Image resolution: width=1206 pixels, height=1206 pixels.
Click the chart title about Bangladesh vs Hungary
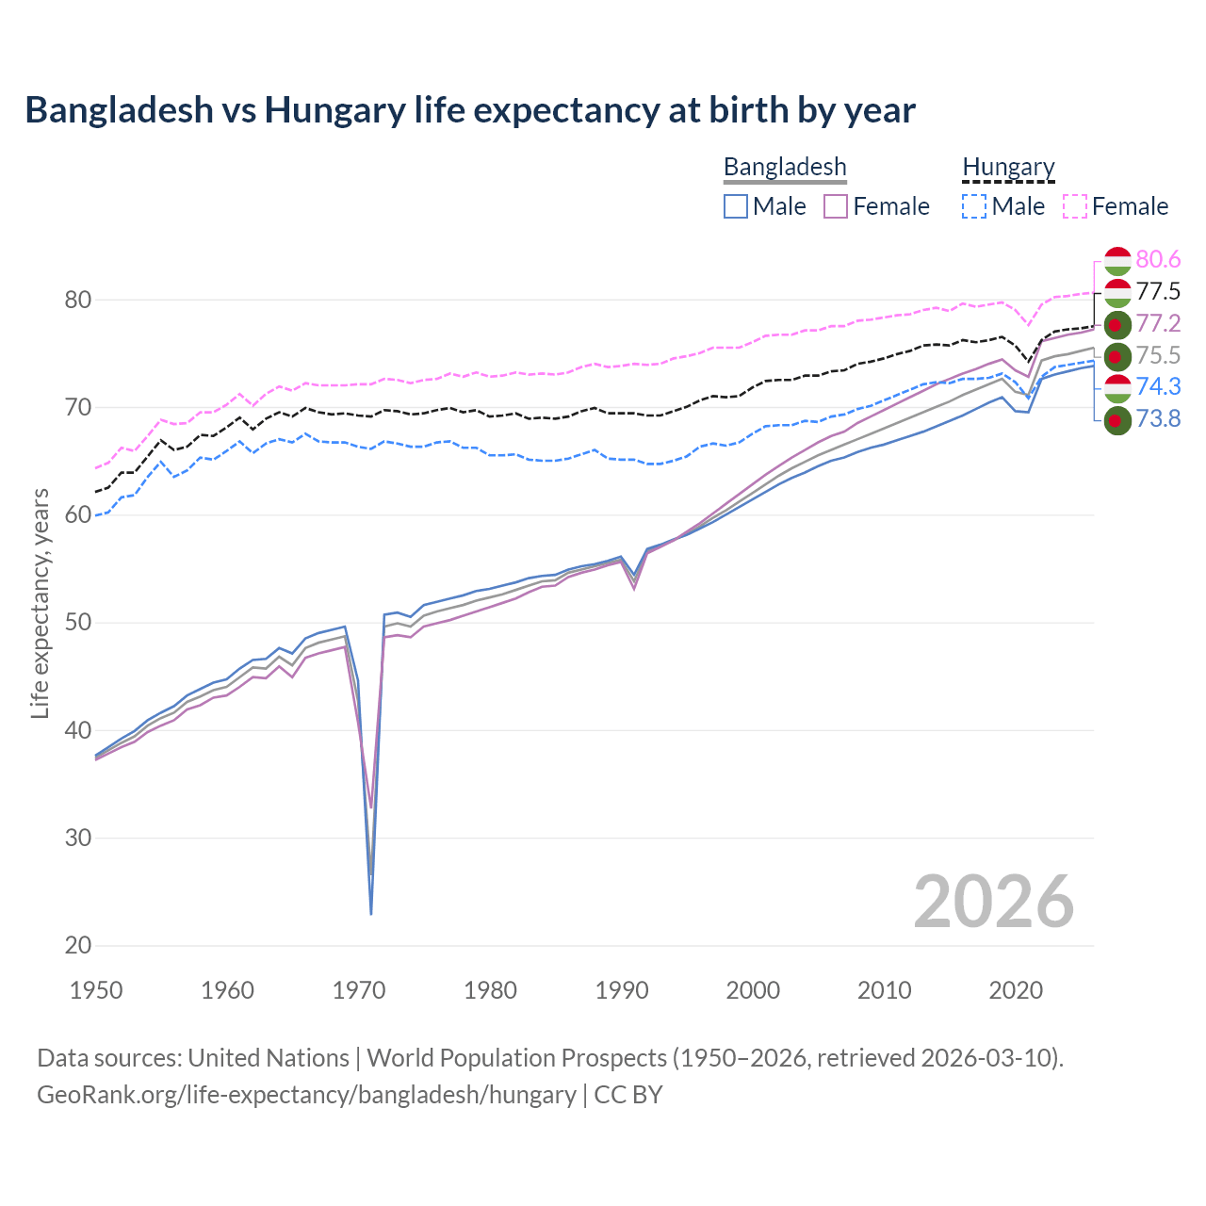(x=470, y=110)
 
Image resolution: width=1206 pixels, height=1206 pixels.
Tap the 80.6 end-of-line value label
(x=1158, y=259)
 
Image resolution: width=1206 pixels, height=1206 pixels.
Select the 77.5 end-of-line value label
(x=1158, y=291)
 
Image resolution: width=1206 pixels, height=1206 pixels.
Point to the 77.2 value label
(x=1158, y=323)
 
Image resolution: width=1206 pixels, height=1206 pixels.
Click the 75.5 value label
(x=1158, y=355)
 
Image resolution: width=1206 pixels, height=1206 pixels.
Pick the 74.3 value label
(x=1158, y=386)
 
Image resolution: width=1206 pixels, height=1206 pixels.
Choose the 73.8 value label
(x=1158, y=418)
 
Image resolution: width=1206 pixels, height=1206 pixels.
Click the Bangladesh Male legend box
(x=736, y=206)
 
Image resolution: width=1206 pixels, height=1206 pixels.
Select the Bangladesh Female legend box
(x=836, y=206)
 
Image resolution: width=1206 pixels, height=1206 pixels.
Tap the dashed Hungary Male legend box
(x=974, y=206)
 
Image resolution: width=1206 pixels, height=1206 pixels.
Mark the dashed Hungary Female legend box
(x=1074, y=206)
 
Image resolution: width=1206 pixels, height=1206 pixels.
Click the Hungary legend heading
(x=1008, y=167)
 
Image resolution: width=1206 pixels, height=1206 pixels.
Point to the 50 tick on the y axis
(x=77, y=623)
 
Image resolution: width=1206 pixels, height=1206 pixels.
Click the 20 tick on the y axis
(x=77, y=945)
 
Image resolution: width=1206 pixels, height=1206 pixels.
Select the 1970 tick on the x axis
(x=359, y=990)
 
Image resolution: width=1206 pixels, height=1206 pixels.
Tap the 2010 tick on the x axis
(x=884, y=990)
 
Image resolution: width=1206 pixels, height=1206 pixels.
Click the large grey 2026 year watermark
(x=993, y=902)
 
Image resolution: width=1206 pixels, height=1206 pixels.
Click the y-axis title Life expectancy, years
(x=40, y=603)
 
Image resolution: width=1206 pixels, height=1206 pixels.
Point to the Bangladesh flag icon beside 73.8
(x=1116, y=420)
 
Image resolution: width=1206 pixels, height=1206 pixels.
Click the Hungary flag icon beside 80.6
(x=1116, y=260)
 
